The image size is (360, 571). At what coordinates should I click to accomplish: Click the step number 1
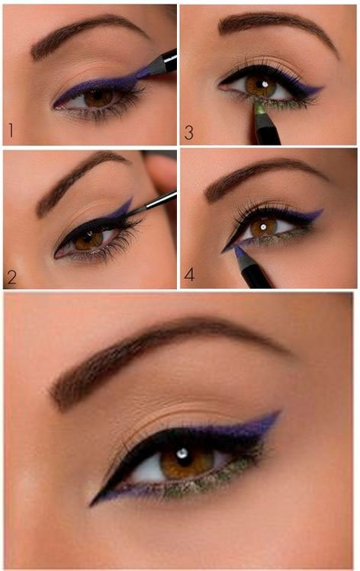tap(11, 130)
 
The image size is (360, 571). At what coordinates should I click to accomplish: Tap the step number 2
tap(11, 277)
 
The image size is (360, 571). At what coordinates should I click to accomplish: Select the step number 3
tap(188, 133)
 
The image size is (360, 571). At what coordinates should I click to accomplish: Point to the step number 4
tap(189, 274)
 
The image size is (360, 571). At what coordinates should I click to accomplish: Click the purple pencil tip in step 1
tap(143, 73)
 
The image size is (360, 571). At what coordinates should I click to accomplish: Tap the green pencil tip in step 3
tap(259, 108)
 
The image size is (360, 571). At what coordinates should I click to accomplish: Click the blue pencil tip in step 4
tap(239, 252)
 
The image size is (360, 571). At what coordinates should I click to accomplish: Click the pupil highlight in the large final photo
tap(182, 454)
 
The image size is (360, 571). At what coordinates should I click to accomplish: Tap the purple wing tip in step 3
tap(321, 88)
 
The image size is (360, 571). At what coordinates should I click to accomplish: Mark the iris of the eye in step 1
tap(98, 98)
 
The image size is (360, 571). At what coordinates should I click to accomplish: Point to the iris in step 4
tap(263, 227)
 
